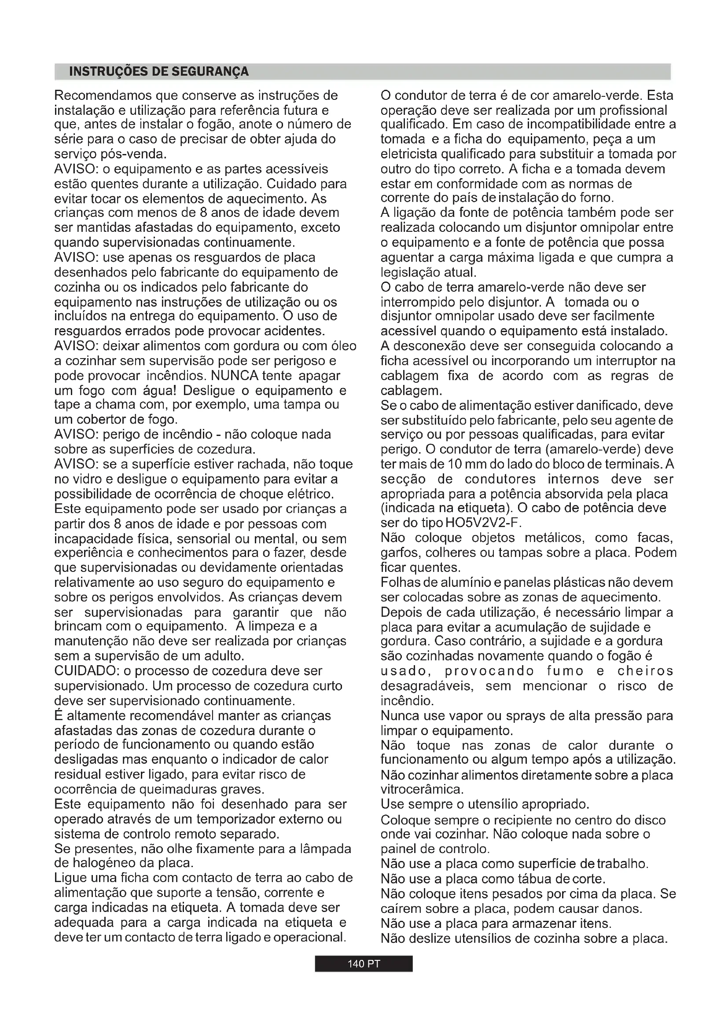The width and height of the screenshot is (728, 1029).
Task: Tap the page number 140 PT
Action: point(364,964)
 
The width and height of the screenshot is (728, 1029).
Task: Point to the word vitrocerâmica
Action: point(421,789)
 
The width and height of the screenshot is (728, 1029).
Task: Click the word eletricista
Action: point(409,154)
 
